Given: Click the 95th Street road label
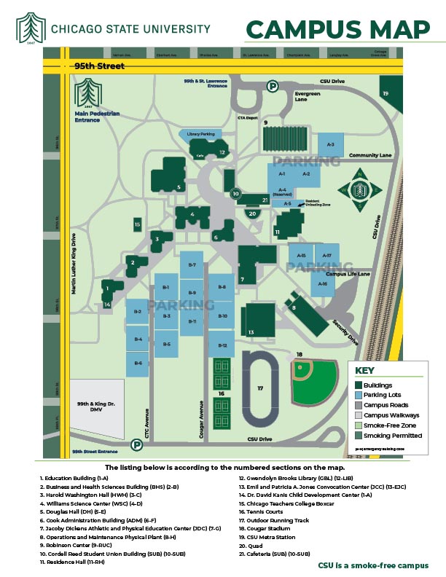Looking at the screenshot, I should (99, 66).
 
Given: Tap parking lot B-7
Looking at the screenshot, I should (192, 265).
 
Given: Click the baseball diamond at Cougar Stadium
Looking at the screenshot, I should (314, 381).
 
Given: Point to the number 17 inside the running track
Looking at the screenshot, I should (259, 389).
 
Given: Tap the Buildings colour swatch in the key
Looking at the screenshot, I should (359, 385).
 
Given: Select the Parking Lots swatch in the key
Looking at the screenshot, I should (359, 395).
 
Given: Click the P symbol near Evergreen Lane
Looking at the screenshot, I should (273, 86).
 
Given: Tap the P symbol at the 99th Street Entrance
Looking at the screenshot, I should (136, 444).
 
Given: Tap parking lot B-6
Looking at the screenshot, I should (138, 363).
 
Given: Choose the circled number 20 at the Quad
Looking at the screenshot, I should (253, 213).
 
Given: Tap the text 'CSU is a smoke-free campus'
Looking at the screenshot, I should (372, 565).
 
